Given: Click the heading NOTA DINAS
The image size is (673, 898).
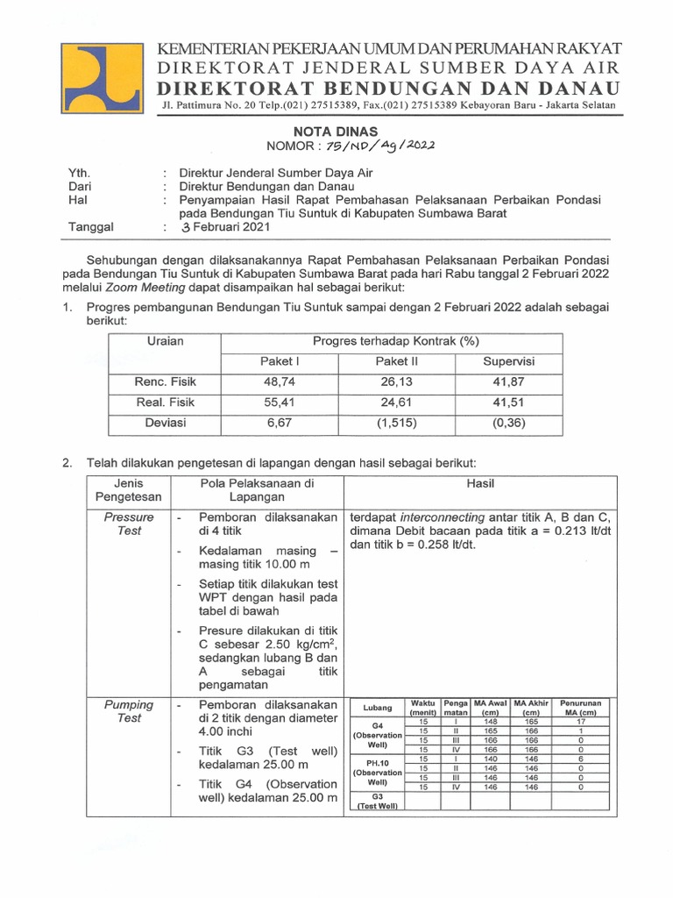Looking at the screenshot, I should coord(336,130).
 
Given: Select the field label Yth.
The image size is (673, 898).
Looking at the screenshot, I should coord(80,174).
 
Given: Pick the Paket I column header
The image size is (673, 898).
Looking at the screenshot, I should coord(280,361).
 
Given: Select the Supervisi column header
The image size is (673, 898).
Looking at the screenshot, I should coord(508,361).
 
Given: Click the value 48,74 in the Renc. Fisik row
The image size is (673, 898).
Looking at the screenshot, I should coord(280,381).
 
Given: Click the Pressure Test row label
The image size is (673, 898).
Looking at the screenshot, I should coord(129,524).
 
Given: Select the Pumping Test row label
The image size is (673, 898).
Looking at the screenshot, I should coord(129,711).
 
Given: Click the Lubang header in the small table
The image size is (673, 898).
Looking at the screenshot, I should coord(377,708).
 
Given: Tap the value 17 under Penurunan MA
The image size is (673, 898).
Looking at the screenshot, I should coord(580,722).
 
